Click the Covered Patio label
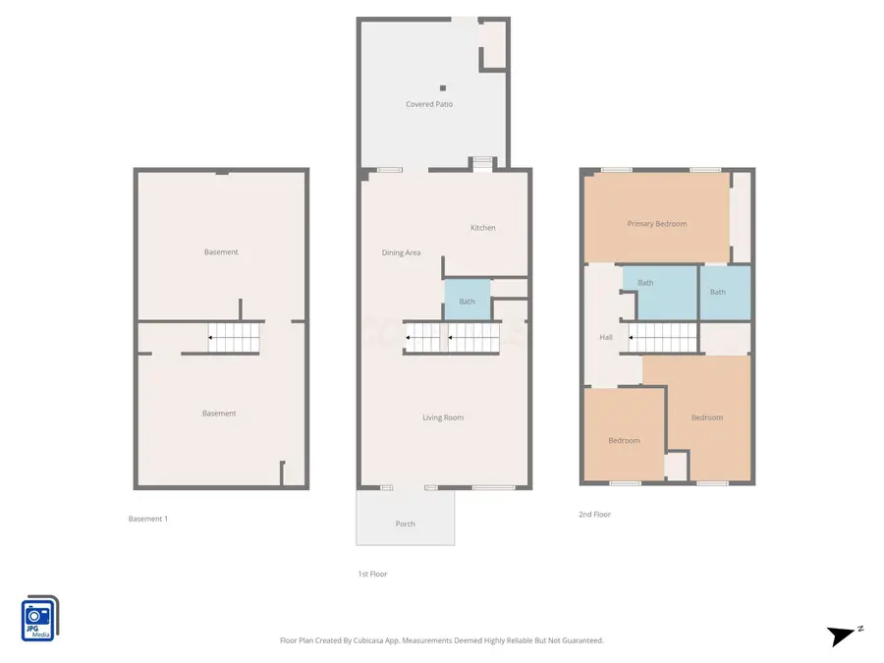coord(429,104)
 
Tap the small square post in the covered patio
coord(442,87)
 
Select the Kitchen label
coord(482,228)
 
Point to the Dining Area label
coord(401,253)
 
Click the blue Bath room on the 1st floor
coord(467,301)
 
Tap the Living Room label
coord(443,417)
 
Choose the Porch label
coord(405,524)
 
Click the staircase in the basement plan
coord(235,338)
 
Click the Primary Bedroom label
coord(656,224)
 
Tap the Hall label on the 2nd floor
coord(606,338)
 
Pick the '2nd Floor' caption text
coord(594,514)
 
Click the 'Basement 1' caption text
coord(148,519)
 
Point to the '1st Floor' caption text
coord(371,574)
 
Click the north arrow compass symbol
coord(843,635)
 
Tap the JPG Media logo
coord(39,619)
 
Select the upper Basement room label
coord(221,252)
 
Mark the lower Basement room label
coord(219,414)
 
